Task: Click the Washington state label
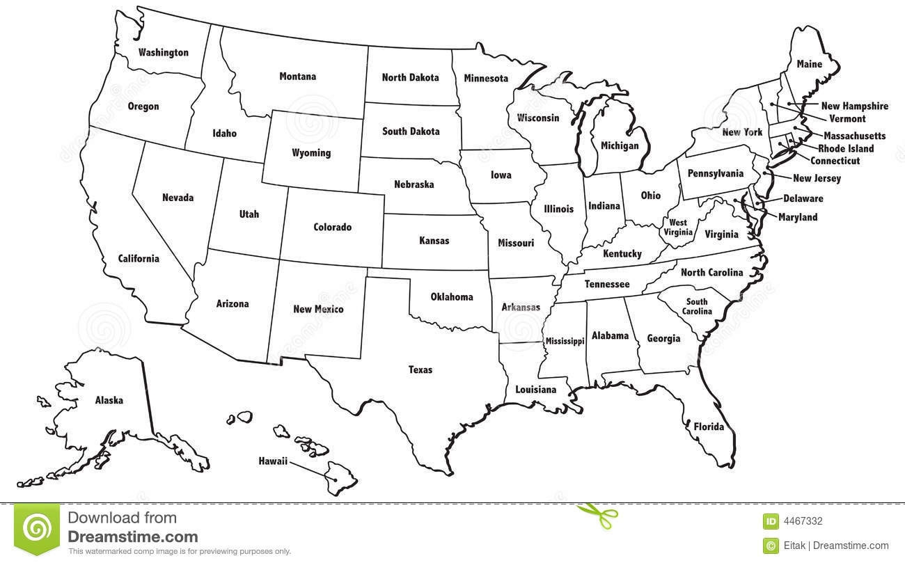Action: click(163, 52)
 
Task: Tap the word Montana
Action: click(297, 77)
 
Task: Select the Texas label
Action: click(420, 369)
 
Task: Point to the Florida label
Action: click(709, 427)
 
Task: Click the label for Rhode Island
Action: click(846, 148)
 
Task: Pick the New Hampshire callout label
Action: click(854, 106)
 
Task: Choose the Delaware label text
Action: click(803, 198)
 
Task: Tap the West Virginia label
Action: click(678, 228)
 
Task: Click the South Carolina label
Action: click(696, 306)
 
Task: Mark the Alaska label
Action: click(109, 400)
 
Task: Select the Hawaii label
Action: click(273, 461)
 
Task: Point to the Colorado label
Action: click(332, 227)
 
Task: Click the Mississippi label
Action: click(565, 341)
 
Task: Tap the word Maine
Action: click(809, 64)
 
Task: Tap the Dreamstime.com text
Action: click(132, 536)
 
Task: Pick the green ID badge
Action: click(771, 521)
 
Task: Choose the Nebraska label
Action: click(414, 184)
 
